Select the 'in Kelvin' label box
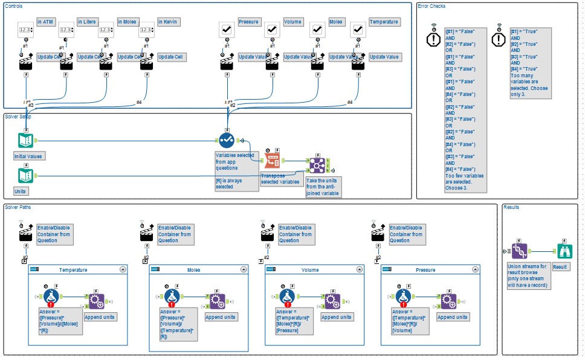169,22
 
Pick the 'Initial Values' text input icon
25,140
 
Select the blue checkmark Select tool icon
227,140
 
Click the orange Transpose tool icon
272,161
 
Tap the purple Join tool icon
317,164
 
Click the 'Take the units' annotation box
322,187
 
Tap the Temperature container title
73,270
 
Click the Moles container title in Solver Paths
194,270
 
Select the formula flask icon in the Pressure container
405,297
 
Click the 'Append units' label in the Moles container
221,317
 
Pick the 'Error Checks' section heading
431,6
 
